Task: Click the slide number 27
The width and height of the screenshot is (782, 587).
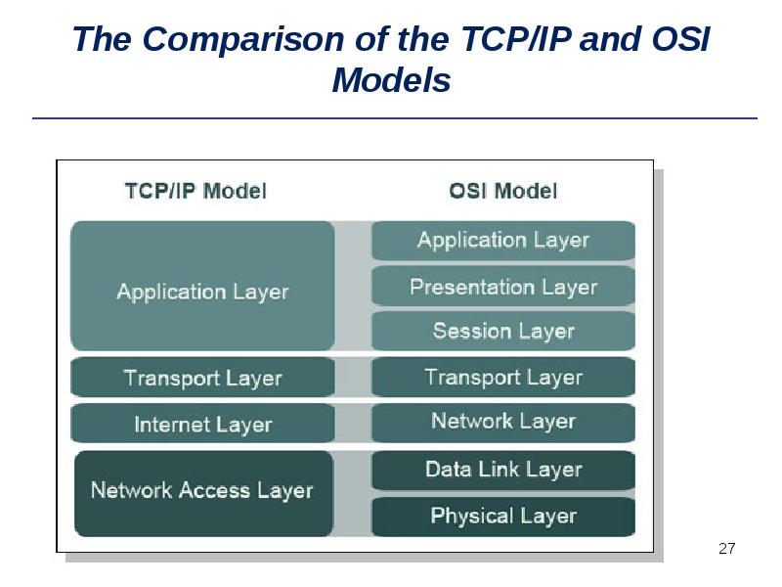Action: point(726,548)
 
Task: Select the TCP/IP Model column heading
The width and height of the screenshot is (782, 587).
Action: point(195,190)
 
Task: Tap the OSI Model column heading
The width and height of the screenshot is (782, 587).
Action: point(503,190)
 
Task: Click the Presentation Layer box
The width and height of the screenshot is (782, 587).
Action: point(503,287)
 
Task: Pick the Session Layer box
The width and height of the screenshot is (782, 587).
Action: point(503,331)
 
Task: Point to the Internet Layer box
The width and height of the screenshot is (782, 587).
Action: point(202,425)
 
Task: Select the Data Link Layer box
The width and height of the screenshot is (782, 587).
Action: point(503,470)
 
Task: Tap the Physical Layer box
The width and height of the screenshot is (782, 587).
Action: point(503,516)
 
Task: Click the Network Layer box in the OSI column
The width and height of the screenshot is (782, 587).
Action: point(503,422)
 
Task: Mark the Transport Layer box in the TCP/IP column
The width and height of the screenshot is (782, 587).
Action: point(202,379)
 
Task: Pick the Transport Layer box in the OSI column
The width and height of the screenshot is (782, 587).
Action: point(503,378)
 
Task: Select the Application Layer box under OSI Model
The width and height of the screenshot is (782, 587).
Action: point(503,240)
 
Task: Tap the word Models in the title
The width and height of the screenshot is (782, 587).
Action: point(391,80)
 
